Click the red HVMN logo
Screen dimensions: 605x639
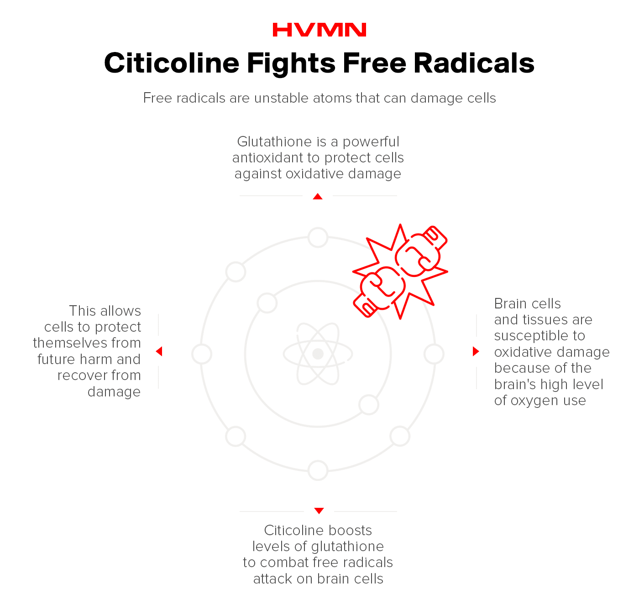(319, 30)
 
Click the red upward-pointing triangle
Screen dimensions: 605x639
(318, 197)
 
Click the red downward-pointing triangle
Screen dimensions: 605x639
(319, 511)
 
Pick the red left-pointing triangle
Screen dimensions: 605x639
(159, 351)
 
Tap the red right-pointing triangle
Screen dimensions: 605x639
(476, 351)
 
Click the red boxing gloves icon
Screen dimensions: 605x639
(400, 271)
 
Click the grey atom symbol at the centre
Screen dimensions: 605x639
(318, 354)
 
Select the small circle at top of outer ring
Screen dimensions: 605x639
(318, 237)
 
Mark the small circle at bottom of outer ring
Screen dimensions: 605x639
(318, 470)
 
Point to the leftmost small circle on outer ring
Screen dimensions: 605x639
(202, 354)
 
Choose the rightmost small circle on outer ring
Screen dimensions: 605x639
(434, 354)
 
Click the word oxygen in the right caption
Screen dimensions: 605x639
(534, 401)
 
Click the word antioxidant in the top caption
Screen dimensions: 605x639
(267, 158)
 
